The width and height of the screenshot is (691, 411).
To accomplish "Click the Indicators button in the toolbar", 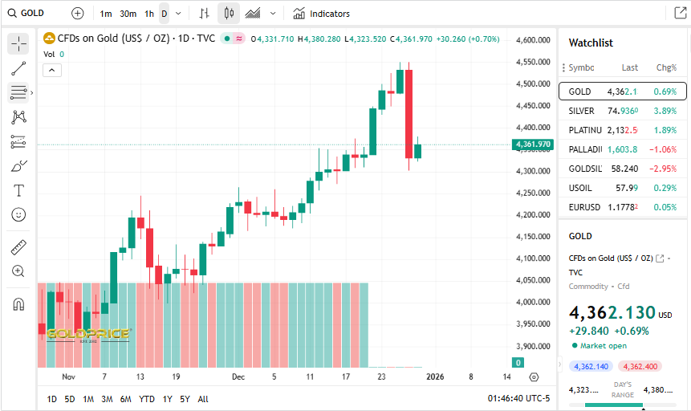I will coord(321,14).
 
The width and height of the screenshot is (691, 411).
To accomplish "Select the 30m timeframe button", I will coord(128,14).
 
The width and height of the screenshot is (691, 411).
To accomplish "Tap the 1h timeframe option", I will coord(149,14).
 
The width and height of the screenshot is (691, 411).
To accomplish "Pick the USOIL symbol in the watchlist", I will coord(581,188).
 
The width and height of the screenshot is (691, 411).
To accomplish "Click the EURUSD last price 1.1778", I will coord(623,207).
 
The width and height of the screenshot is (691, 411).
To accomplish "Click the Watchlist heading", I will coord(591,43).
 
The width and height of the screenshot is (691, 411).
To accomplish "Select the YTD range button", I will coord(147,399).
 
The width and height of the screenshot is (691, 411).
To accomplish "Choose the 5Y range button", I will coord(185,399).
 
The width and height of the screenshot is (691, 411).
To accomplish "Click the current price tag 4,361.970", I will coord(533,144).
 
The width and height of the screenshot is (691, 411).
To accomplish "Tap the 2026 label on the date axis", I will coord(435,376).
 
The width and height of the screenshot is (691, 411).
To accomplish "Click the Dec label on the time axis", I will coord(238,376).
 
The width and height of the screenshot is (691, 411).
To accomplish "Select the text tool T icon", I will coord(18,190).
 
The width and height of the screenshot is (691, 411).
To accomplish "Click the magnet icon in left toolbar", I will coord(18,304).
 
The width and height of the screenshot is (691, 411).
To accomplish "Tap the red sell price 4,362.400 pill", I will coord(639,367).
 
